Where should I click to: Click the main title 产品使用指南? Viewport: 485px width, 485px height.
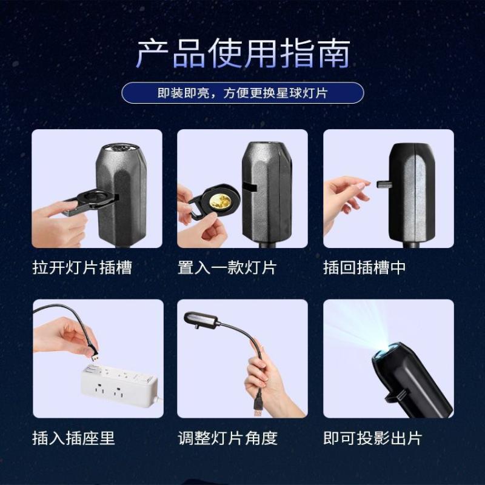(242, 54)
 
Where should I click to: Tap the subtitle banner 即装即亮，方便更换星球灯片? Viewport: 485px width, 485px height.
(242, 93)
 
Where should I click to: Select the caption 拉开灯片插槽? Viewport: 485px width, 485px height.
(82, 267)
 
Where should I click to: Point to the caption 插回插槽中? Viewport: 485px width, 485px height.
(364, 267)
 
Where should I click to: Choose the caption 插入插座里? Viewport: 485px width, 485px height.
(73, 438)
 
